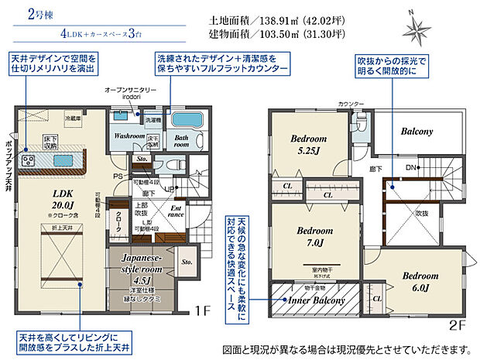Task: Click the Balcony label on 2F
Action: [x=417, y=132]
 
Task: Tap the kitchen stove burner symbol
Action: [x=29, y=161]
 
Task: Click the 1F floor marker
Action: [x=202, y=311]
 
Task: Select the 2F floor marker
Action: [x=458, y=326]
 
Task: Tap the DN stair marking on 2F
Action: [x=410, y=166]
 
